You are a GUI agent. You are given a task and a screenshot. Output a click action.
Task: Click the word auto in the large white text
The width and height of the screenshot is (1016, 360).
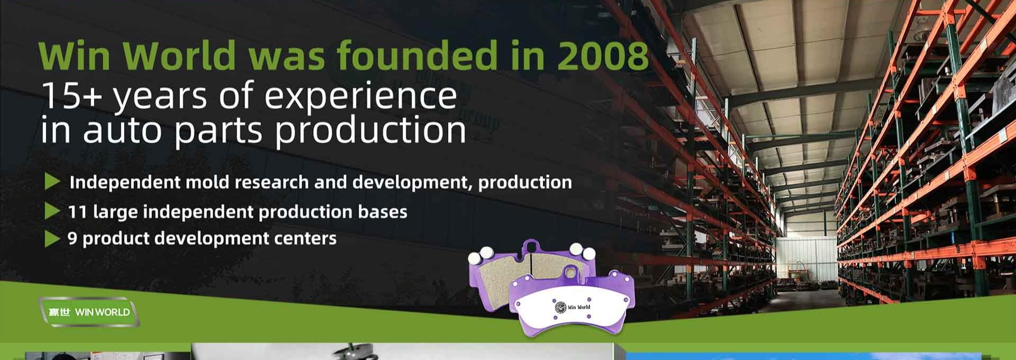[122, 130]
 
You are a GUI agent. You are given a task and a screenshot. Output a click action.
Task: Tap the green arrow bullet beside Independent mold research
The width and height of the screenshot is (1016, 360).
[52, 182]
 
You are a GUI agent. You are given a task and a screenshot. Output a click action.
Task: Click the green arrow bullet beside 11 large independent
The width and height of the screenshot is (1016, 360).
[52, 211]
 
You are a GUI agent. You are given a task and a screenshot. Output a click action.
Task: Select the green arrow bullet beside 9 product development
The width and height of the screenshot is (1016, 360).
[52, 238]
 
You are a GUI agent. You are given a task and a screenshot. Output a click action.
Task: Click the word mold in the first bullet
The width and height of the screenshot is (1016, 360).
[204, 182]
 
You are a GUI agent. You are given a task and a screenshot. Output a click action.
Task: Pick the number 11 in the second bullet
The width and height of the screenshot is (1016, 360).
[77, 212]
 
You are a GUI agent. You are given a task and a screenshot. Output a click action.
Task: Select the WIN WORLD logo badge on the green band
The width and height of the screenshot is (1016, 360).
[89, 312]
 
